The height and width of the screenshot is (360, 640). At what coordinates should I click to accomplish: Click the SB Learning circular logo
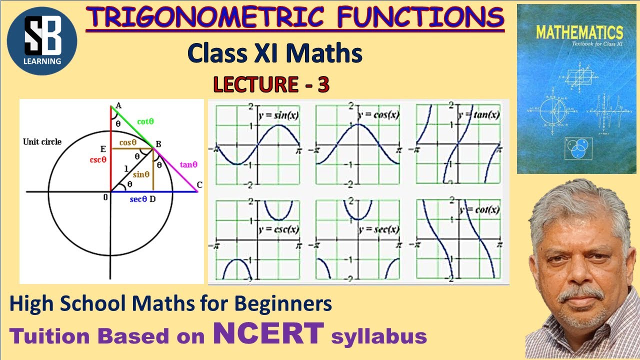(x=42, y=41)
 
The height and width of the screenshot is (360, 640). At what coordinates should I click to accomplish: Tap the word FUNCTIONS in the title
(x=420, y=18)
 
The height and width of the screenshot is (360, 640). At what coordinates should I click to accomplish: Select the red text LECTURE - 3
(x=271, y=85)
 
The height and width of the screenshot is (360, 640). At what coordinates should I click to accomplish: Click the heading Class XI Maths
(x=274, y=54)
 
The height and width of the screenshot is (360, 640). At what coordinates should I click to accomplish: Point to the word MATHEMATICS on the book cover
(x=579, y=32)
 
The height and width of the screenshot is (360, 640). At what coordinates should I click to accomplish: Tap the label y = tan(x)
(x=480, y=114)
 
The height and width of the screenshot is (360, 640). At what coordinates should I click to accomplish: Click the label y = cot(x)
(x=480, y=210)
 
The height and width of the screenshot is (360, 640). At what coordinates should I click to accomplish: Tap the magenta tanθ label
(x=188, y=163)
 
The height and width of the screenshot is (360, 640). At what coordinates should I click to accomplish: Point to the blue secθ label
(x=138, y=199)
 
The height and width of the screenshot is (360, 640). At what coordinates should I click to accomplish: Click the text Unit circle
(x=42, y=141)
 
